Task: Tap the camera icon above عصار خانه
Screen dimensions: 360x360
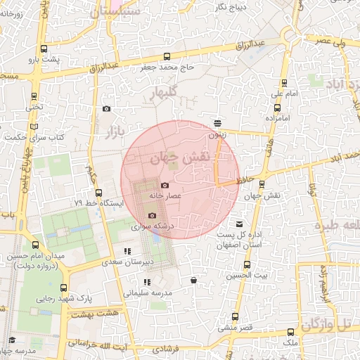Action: click(x=165, y=185)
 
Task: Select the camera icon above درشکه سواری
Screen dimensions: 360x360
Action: click(x=152, y=216)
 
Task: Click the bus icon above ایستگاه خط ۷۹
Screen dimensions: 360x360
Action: click(x=98, y=193)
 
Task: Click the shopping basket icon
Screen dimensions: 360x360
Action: click(x=193, y=281)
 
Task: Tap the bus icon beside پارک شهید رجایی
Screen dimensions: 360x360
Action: click(x=64, y=288)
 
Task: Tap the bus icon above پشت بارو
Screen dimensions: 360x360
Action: click(x=44, y=49)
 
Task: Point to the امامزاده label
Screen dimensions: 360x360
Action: click(x=278, y=117)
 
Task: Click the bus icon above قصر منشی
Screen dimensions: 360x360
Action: click(x=234, y=316)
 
